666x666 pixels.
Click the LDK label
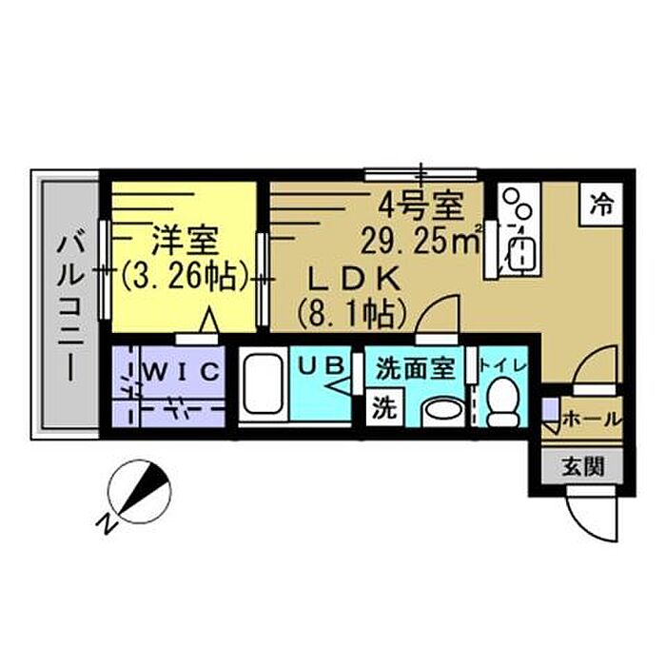[x=349, y=277]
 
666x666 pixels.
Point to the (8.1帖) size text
[x=352, y=310]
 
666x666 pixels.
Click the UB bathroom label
[x=320, y=363]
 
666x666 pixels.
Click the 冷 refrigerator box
[x=601, y=203]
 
